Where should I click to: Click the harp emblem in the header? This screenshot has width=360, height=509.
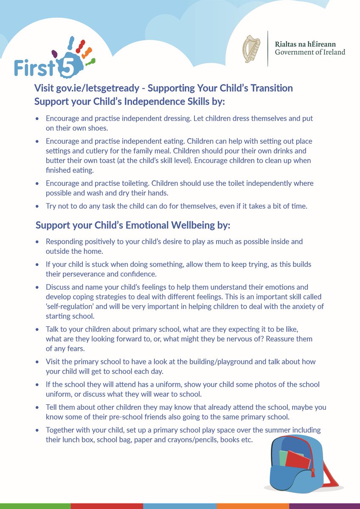[x=251, y=49]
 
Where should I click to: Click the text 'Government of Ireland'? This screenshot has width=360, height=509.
[x=310, y=52]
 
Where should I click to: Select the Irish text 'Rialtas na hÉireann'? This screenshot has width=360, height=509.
[x=304, y=44]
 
